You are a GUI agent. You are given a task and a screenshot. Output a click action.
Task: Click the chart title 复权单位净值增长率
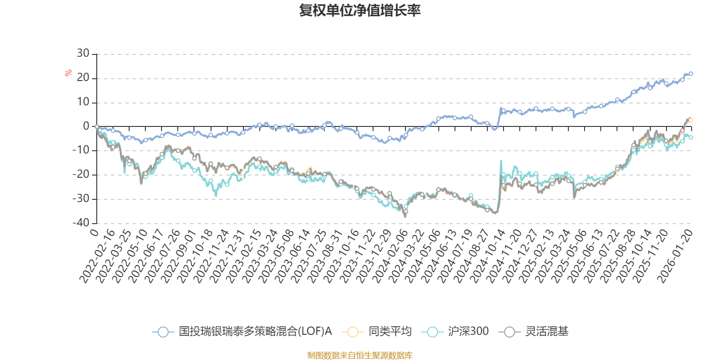pyautogui.click(x=360, y=10)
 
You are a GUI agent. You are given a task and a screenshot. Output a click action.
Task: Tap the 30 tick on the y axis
pyautogui.click(x=83, y=54)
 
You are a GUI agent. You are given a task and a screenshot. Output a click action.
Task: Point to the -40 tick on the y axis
pyautogui.click(x=81, y=223)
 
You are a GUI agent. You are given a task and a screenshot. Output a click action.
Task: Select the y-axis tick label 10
pyautogui.click(x=83, y=102)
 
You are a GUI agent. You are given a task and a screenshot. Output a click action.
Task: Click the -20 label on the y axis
pyautogui.click(x=81, y=175)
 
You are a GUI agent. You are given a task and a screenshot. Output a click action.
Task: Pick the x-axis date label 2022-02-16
pyautogui.click(x=98, y=256)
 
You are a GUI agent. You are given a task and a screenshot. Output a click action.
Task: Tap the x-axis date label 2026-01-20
pyautogui.click(x=675, y=256)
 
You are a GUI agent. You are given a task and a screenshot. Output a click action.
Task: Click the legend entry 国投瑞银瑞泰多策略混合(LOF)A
pyautogui.click(x=255, y=332)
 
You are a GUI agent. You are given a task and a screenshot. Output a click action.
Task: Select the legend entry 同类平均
pyautogui.click(x=390, y=332)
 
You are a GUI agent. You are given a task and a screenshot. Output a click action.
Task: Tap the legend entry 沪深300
pyautogui.click(x=468, y=332)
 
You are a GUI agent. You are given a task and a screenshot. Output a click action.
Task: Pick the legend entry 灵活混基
pyautogui.click(x=547, y=332)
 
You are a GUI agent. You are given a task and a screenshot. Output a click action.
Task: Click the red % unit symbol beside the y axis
pyautogui.click(x=68, y=73)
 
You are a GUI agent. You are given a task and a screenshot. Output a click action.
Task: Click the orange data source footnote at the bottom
pyautogui.click(x=360, y=355)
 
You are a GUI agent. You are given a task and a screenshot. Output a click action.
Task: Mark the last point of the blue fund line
pyautogui.click(x=691, y=73)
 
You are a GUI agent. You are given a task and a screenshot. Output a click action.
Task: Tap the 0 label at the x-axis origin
pyautogui.click(x=94, y=232)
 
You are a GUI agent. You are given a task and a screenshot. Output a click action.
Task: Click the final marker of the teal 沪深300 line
pyautogui.click(x=691, y=137)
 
